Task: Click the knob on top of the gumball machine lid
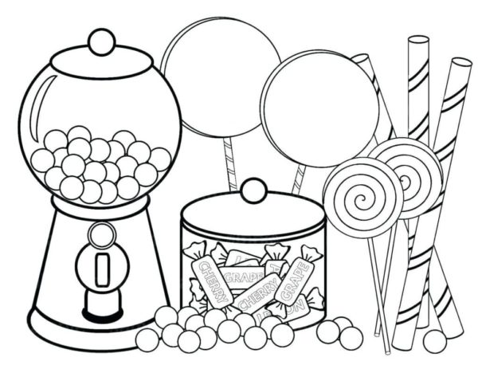tap(101, 41)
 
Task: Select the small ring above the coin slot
tap(101, 234)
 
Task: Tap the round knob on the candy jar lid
tap(253, 190)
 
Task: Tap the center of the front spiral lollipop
tap(362, 196)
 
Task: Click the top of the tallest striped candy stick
tap(418, 41)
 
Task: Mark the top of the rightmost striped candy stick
tap(460, 64)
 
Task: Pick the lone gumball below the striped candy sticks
tap(434, 340)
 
